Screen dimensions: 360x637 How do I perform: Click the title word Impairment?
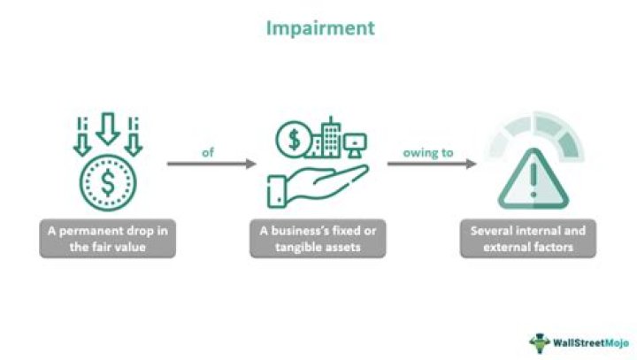(x=321, y=28)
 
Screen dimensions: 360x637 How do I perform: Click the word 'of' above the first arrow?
(x=208, y=152)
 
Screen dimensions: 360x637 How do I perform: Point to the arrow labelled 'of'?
(x=211, y=164)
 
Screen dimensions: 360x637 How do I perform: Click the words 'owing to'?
(x=428, y=152)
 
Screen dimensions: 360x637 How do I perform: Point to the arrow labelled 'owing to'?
(x=431, y=164)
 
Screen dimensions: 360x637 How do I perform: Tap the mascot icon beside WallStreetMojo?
(x=541, y=341)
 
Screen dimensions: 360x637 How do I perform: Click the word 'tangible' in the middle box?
(x=283, y=247)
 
